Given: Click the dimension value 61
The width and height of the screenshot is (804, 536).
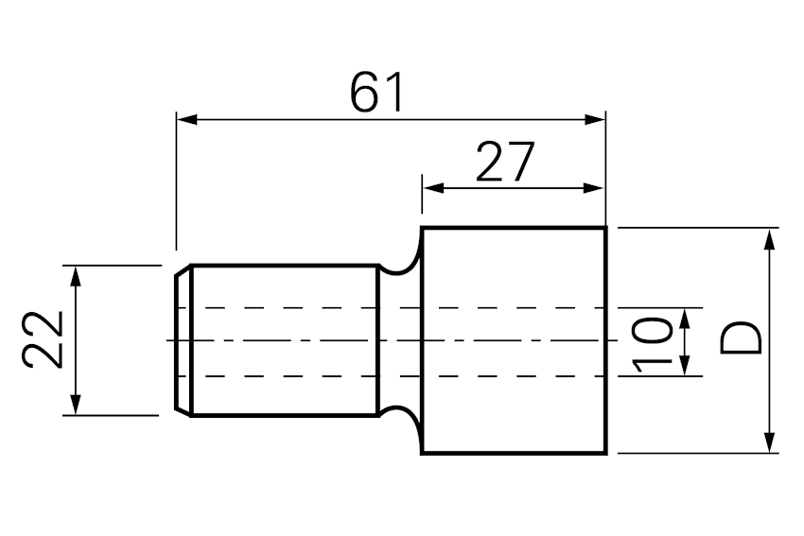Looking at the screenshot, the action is click(x=376, y=93).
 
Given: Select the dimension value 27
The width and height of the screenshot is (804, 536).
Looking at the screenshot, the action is click(x=506, y=162).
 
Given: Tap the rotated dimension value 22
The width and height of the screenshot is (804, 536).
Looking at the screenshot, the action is click(x=43, y=339).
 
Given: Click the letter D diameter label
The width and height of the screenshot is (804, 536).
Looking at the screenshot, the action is click(x=741, y=338).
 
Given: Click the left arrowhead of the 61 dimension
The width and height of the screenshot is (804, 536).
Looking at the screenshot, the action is click(x=186, y=120).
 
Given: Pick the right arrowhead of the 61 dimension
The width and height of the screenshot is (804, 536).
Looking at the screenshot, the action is click(x=595, y=120).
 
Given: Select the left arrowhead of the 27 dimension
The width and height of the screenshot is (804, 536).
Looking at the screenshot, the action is click(x=433, y=188).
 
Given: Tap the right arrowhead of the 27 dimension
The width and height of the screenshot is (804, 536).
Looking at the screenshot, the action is click(x=594, y=188).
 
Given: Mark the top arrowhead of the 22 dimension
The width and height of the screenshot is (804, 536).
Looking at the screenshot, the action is click(x=76, y=277).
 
